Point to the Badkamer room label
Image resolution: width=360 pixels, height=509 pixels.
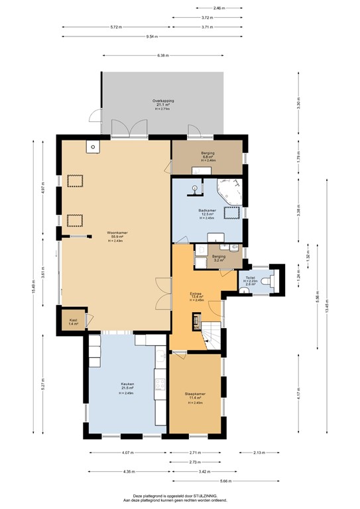click(x=208, y=210)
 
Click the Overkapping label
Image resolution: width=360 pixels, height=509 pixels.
click(x=163, y=101)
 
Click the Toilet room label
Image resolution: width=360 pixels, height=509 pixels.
click(x=250, y=278)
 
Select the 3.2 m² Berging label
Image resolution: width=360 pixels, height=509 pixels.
click(x=219, y=256)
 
